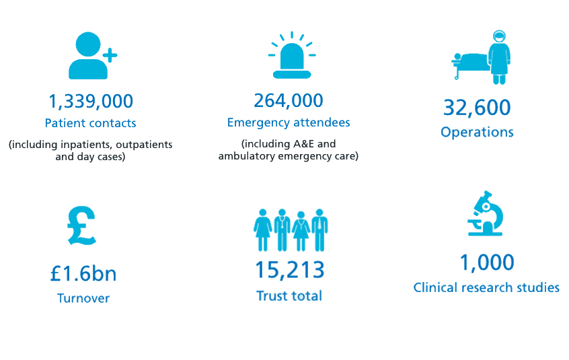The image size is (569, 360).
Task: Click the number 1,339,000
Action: (x=91, y=102)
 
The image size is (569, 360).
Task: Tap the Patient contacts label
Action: (x=90, y=123)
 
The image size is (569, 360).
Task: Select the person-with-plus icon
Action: (x=91, y=56)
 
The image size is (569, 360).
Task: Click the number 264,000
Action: (x=289, y=100)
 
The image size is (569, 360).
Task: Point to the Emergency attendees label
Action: (x=289, y=122)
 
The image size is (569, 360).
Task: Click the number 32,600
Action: (x=477, y=108)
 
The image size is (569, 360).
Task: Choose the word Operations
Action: (x=477, y=132)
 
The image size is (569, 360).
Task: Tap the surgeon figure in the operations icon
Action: (x=498, y=57)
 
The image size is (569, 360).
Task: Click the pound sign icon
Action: (x=82, y=225)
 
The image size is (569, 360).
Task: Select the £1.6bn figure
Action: (x=83, y=274)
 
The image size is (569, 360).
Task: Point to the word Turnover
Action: (x=83, y=298)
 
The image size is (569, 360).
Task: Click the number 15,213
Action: (x=289, y=270)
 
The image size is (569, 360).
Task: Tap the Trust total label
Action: (x=289, y=295)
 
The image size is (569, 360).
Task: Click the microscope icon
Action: (x=486, y=213)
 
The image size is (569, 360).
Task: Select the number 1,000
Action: (x=486, y=262)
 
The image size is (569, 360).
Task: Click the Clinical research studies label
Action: (x=486, y=287)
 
